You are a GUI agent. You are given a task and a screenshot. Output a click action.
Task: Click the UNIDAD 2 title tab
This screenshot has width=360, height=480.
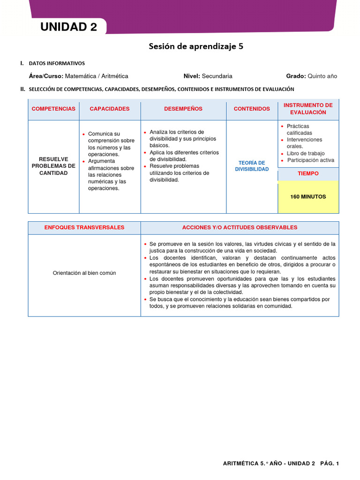[68, 27]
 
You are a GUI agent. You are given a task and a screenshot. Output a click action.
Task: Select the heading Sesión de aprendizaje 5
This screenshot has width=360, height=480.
[196, 46]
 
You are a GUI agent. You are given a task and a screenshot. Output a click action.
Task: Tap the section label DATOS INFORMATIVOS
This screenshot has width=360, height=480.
[57, 63]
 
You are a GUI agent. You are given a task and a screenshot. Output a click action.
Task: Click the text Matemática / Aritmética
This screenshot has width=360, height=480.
[96, 76]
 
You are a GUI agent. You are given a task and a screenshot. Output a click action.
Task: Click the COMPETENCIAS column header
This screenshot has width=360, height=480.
[53, 109]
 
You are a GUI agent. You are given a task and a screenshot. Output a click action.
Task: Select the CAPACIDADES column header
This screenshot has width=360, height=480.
[109, 109]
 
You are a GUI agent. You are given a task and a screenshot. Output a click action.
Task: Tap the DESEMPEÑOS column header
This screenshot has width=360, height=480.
[183, 109]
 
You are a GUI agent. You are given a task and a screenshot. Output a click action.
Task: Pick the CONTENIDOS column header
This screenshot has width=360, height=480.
[252, 109]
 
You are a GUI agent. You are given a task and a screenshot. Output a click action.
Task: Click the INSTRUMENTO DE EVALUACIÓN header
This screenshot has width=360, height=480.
[308, 109]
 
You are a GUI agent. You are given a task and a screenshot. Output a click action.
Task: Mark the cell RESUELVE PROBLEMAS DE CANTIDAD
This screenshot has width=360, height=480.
[53, 166]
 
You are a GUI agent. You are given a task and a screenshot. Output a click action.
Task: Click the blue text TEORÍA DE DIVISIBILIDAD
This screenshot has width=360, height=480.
[252, 166]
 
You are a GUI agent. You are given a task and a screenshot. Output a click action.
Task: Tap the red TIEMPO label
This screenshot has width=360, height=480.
[308, 173]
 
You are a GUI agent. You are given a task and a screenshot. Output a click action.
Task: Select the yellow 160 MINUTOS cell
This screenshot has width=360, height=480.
[308, 197]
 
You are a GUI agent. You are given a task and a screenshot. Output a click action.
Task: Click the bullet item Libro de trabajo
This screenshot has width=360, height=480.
[306, 153]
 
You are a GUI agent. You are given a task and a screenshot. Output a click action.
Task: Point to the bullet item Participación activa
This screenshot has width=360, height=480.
[310, 160]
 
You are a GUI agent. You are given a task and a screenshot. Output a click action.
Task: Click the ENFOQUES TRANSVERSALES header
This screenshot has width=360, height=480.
[84, 227]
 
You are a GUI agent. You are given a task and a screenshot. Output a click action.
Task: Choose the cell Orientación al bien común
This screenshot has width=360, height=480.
[84, 273]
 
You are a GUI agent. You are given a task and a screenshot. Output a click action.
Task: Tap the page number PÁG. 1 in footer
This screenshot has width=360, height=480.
[330, 464]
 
